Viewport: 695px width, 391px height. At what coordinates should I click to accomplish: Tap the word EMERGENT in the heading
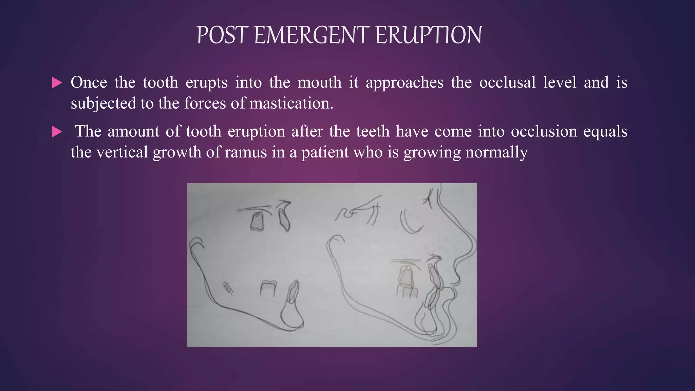(x=311, y=35)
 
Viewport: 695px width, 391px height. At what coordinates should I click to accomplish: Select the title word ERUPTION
(x=429, y=35)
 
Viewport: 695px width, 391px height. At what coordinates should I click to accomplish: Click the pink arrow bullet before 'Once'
(x=57, y=83)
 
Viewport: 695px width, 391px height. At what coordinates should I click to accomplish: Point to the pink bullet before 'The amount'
(x=57, y=132)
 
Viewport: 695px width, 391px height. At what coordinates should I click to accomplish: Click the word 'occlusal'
(x=507, y=82)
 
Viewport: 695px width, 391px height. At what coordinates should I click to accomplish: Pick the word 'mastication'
(x=291, y=103)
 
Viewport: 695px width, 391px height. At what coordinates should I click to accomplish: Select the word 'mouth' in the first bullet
(x=319, y=82)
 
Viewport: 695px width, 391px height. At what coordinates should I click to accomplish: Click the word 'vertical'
(x=122, y=152)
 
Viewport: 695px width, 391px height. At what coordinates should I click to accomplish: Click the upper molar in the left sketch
(x=257, y=221)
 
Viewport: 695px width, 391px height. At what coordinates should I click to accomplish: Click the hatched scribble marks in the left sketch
(x=228, y=288)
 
